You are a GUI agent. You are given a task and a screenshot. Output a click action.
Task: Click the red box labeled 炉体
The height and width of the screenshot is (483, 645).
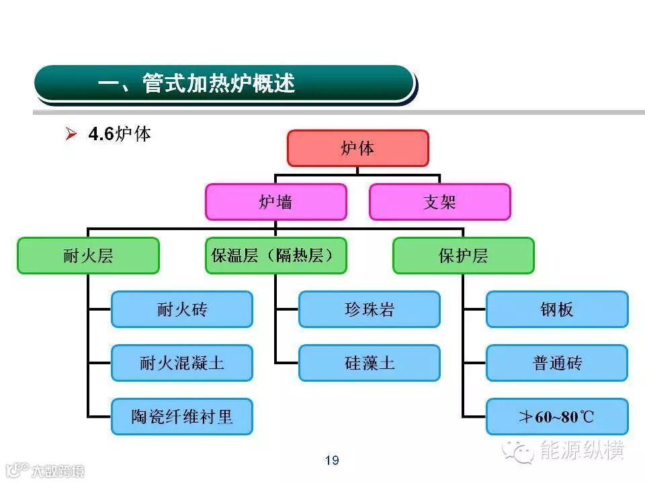357,148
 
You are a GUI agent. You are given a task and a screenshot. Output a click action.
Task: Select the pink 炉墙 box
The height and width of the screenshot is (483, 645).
275,202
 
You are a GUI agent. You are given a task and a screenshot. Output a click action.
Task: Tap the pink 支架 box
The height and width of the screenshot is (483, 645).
439,202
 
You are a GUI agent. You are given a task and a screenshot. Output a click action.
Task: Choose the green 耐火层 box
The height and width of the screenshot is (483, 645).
88,256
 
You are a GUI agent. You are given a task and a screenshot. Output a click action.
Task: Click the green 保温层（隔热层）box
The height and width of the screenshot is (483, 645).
275,256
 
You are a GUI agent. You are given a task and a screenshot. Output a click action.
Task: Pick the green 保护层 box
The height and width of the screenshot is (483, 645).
463,256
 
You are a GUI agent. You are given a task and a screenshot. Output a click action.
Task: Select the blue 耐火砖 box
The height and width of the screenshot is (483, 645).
182,309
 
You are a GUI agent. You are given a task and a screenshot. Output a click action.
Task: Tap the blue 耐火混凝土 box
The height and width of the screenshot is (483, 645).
182,363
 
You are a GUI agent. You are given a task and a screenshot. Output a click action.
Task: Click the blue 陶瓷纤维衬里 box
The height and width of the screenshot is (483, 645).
182,417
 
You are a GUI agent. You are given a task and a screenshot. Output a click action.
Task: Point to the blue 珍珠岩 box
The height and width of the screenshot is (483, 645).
369,309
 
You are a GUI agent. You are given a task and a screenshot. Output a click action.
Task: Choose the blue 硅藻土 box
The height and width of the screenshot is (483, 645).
369,363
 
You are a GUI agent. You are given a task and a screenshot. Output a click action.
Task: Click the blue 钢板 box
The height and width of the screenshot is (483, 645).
557,309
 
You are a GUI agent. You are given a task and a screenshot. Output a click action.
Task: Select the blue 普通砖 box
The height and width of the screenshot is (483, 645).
557,363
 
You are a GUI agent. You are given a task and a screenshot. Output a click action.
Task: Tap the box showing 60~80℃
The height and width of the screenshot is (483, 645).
557,417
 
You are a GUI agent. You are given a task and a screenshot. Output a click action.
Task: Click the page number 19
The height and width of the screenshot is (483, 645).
332,460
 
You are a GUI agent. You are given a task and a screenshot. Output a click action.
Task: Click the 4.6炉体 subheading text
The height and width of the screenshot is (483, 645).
120,134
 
